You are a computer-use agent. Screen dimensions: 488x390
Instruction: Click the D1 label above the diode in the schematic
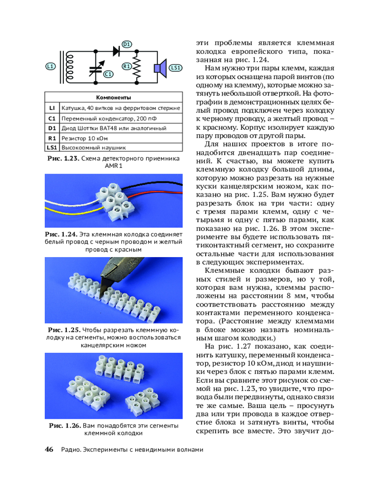coord(126,44)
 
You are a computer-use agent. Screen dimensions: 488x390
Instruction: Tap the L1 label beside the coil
coord(50,66)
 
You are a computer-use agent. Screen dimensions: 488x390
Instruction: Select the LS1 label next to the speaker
coord(176,67)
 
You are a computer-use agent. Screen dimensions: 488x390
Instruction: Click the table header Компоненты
coord(113,98)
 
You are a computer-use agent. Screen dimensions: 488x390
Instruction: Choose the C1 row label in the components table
coord(52,118)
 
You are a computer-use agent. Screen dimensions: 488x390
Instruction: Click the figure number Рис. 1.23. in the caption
coord(63,159)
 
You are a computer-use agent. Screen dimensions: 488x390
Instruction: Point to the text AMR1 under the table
coord(113,166)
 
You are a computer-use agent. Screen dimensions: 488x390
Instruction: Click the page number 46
coord(49,449)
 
